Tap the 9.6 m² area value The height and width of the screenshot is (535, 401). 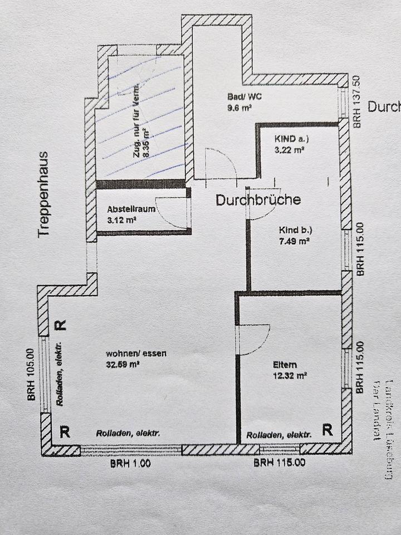click(238, 109)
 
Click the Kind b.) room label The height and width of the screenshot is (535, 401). click(295, 230)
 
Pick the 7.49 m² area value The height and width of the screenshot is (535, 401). click(295, 242)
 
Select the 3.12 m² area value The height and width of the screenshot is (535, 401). click(122, 220)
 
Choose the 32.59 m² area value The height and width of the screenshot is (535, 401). click(123, 365)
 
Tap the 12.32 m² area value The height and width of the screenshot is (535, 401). click(290, 376)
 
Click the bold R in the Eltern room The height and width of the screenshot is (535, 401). click(327, 429)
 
